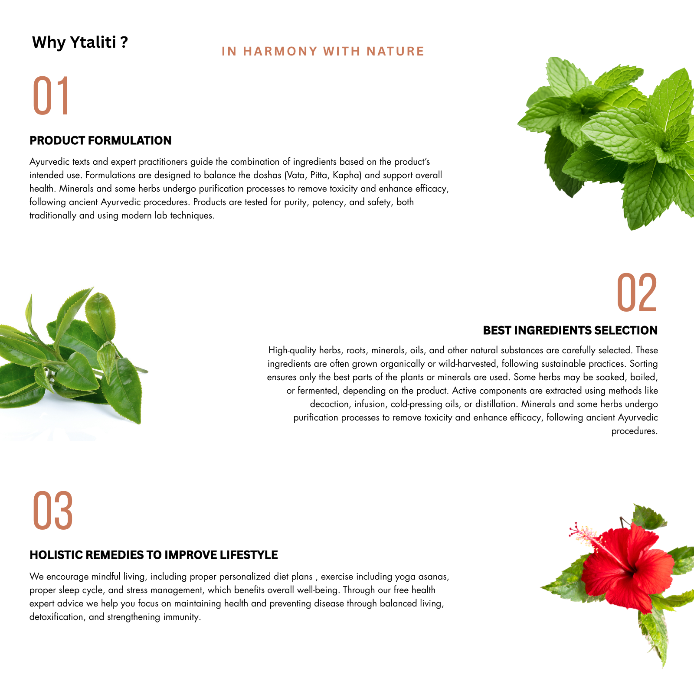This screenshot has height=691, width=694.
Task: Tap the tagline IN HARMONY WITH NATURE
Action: tap(323, 51)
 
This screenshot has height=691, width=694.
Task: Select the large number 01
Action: tap(51, 95)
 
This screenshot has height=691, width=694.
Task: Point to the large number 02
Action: tap(637, 293)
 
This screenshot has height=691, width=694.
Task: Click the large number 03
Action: tap(52, 510)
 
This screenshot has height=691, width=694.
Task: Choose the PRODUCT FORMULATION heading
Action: tap(101, 140)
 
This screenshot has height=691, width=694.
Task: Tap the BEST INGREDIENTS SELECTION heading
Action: tap(570, 330)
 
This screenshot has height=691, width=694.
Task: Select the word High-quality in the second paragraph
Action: tap(292, 350)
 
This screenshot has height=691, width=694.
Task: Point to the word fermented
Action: tap(317, 391)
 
